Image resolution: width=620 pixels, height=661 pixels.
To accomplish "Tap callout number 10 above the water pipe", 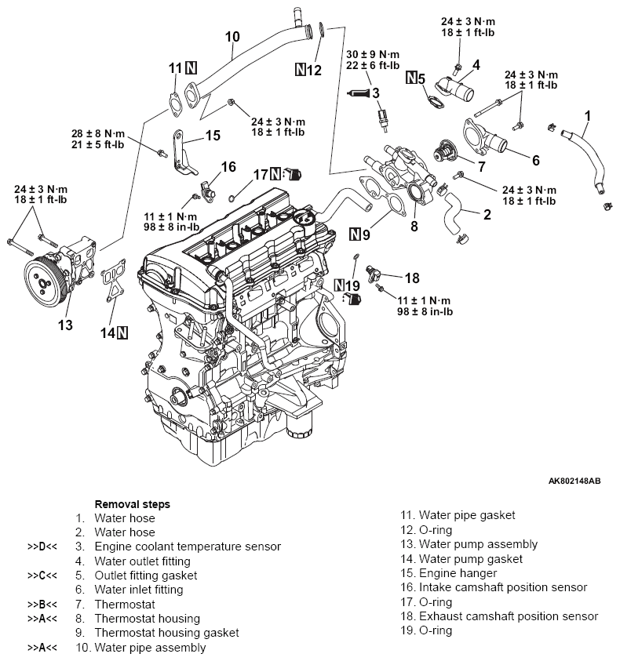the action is pos(232,37).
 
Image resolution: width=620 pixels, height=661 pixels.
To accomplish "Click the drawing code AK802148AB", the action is pos(574,481).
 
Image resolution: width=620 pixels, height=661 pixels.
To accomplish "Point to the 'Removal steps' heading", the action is pos(132,504).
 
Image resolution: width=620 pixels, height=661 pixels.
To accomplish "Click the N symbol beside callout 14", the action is pos(122,333).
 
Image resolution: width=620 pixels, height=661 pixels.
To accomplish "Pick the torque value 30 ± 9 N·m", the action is pos(372,54).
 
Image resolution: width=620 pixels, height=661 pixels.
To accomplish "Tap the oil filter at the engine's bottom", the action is pos(299,425).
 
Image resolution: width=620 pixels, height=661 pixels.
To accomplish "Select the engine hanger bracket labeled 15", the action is pos(183,153).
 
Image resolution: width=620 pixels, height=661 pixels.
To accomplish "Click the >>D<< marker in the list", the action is pos(42,547).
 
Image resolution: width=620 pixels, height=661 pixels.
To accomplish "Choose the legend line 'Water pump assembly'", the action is pos(478,544).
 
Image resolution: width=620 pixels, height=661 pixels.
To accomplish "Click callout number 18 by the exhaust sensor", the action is pos(412,278).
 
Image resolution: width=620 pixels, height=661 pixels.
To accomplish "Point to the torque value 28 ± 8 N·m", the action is pos(98,133).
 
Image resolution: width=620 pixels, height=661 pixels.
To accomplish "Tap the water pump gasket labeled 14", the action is pos(113,280).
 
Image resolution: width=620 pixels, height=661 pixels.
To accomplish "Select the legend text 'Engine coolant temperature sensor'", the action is pos(188,547).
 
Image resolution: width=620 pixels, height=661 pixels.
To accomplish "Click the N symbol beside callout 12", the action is pos(300,69).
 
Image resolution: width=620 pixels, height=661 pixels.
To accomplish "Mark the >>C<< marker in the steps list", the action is pos(42,576).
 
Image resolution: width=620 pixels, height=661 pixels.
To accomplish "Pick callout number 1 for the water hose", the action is pos(587,116).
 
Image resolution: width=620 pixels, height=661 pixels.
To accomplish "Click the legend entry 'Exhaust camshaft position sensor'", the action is pos(508,616).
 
